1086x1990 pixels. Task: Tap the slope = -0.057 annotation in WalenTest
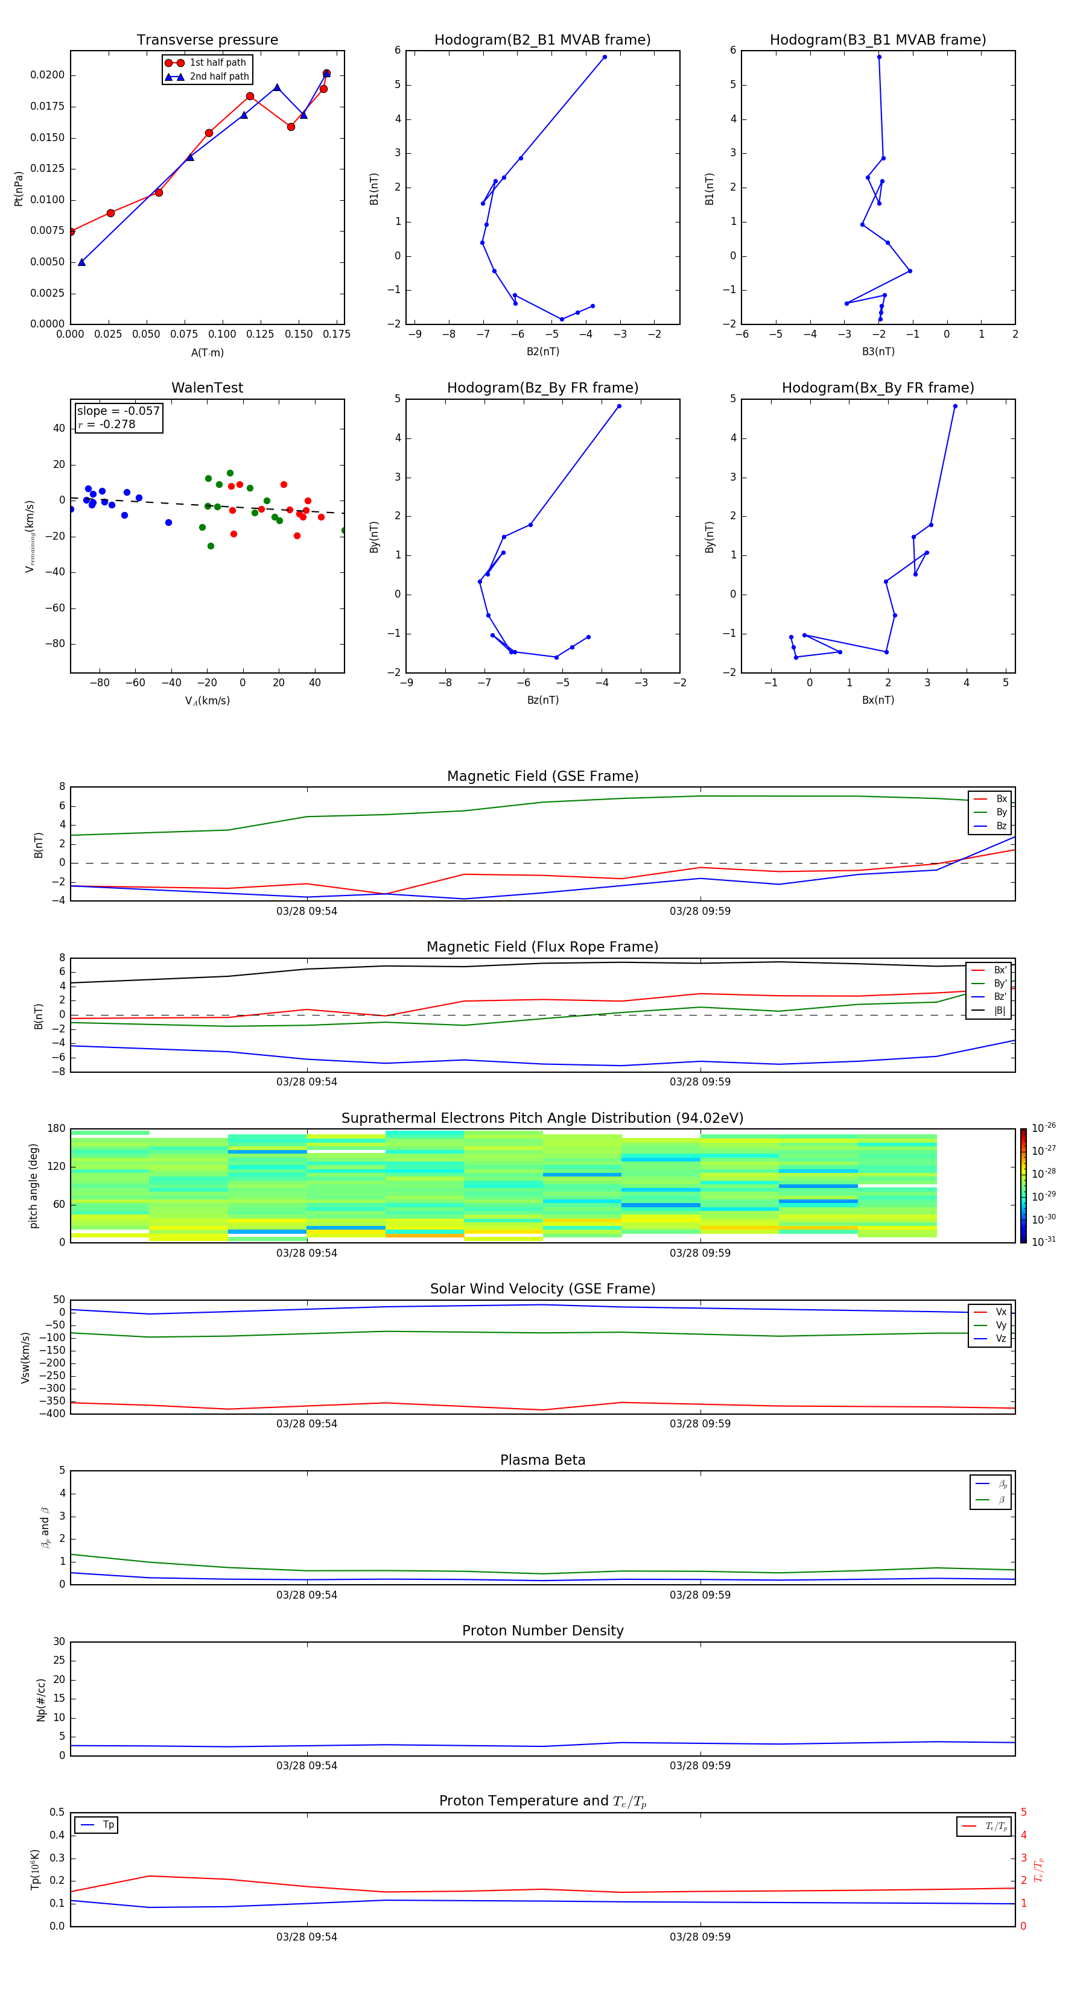click(118, 411)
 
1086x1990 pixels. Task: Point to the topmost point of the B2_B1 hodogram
click(605, 57)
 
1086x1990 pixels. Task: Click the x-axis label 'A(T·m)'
click(207, 353)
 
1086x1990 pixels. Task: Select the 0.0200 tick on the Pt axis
click(47, 75)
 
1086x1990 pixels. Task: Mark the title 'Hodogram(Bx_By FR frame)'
click(877, 388)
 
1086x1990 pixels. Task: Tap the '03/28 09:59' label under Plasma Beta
click(699, 1594)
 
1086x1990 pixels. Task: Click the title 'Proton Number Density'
click(542, 1631)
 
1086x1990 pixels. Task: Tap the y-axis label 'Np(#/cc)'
click(42, 1699)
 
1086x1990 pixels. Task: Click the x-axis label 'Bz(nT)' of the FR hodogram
click(542, 700)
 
